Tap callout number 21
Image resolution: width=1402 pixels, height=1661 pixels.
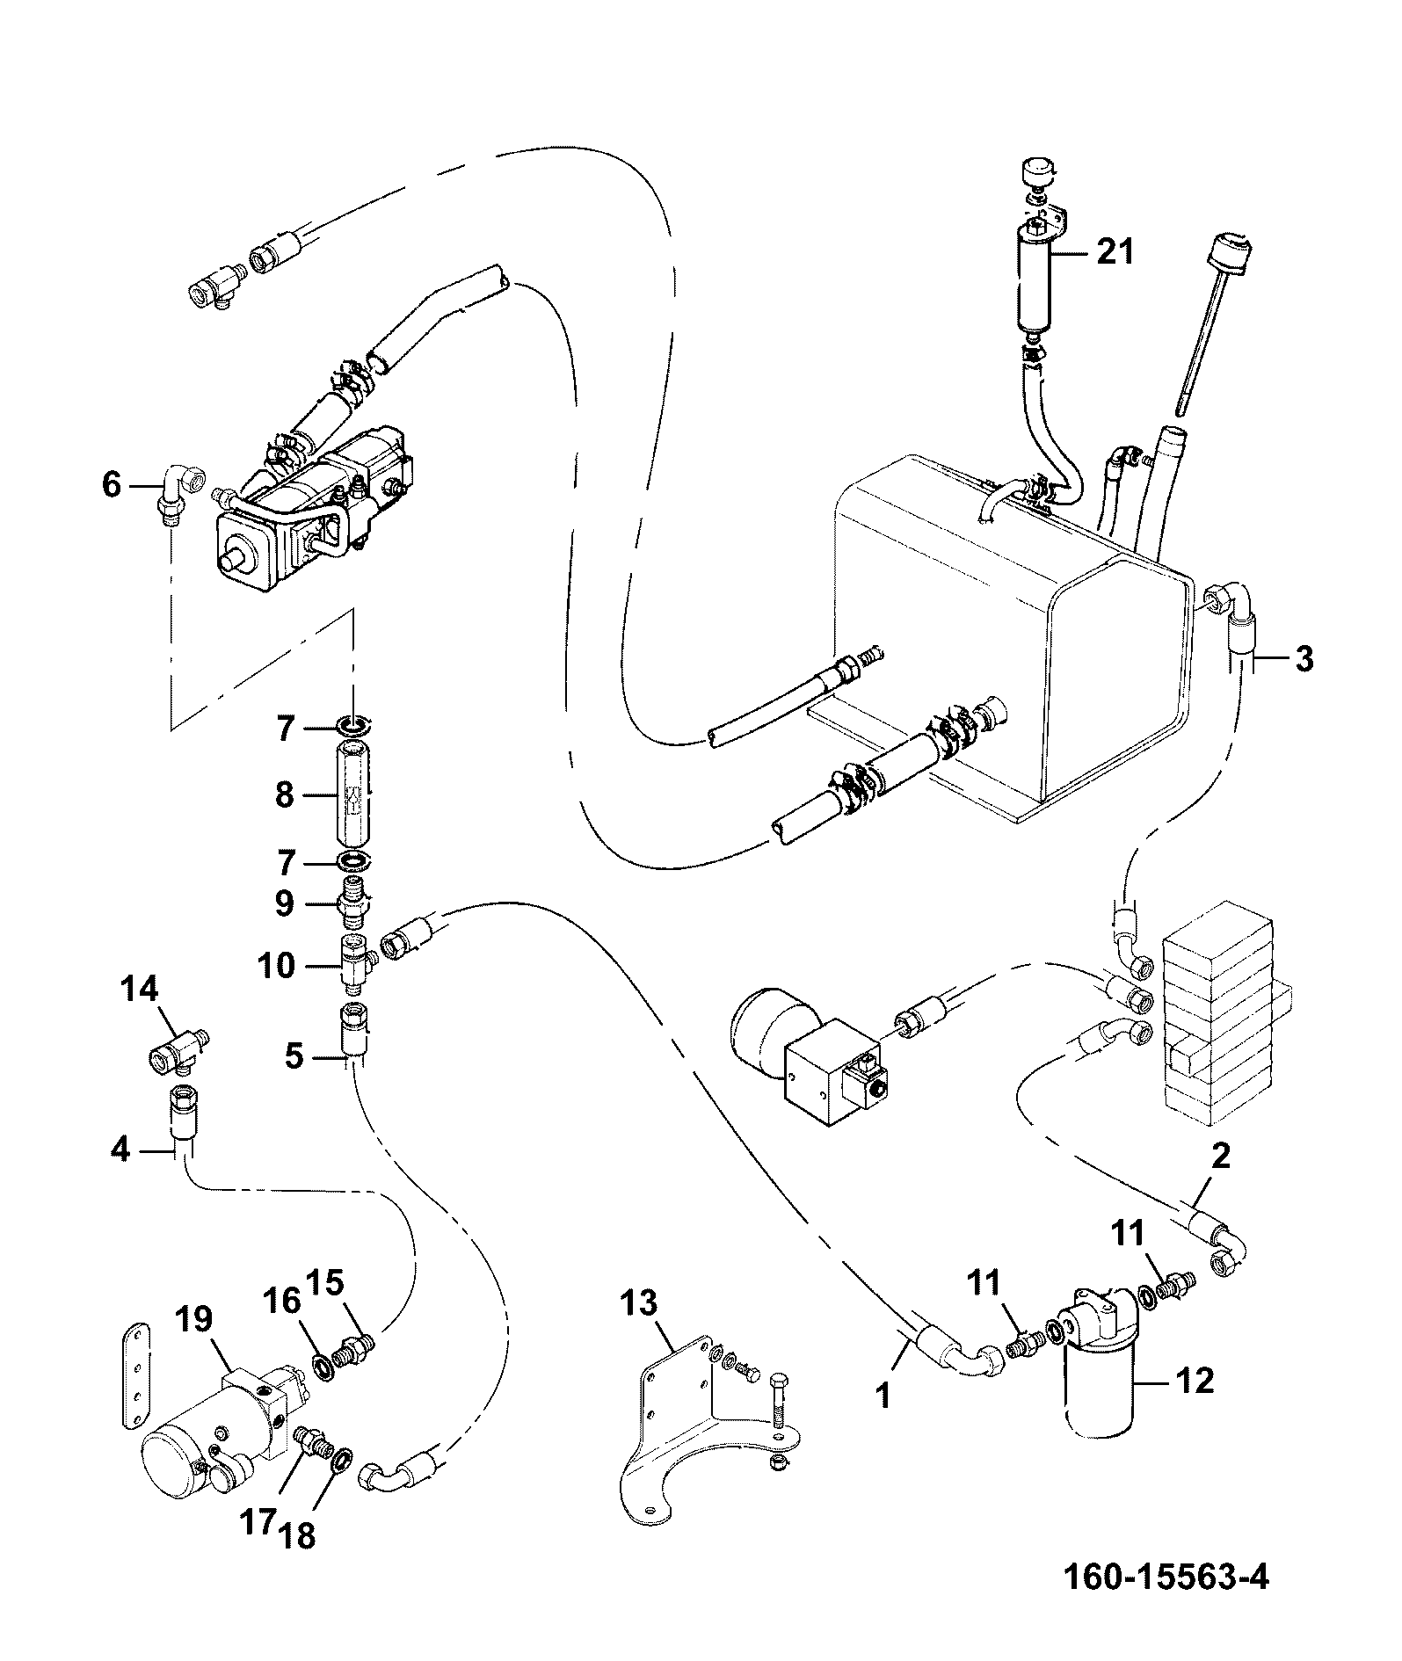point(1114,252)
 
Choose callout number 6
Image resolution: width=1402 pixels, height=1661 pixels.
point(111,483)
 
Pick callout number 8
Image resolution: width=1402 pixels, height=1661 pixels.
point(284,795)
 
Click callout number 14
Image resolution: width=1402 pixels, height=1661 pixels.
point(138,990)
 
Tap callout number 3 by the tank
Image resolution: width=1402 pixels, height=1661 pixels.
point(1304,657)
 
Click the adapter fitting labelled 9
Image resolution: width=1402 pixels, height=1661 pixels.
point(352,904)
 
